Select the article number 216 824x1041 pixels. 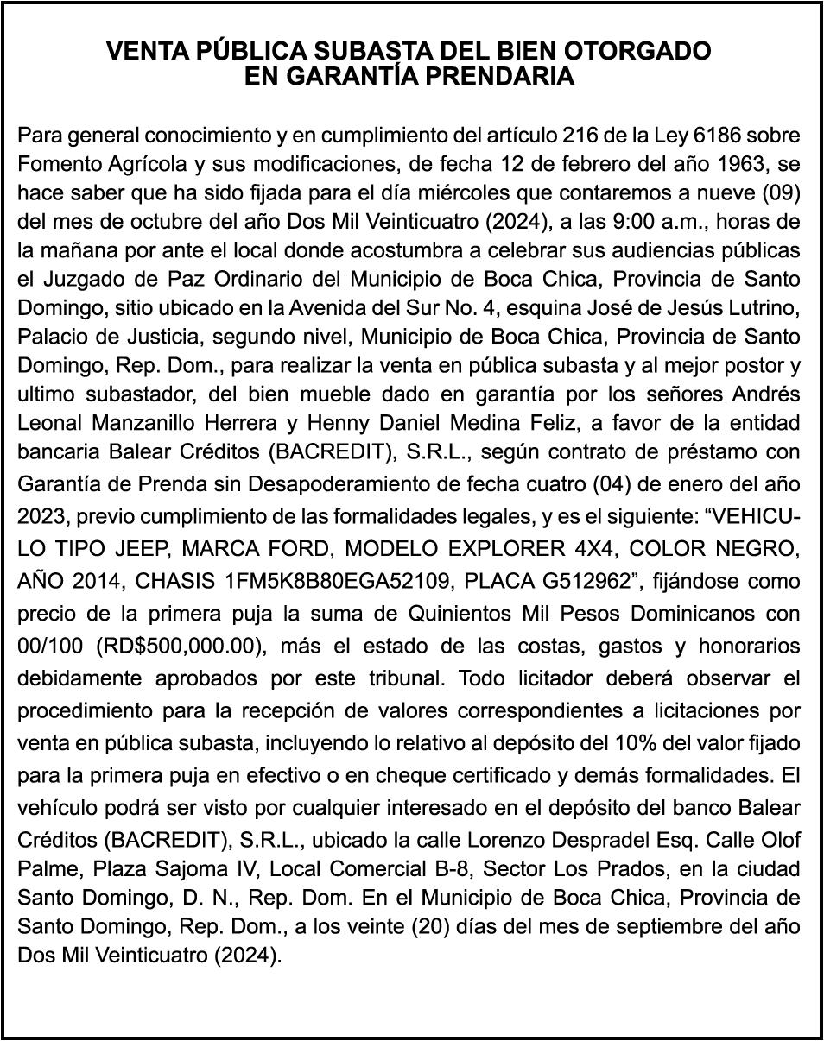tap(579, 136)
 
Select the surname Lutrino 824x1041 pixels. tap(765, 307)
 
